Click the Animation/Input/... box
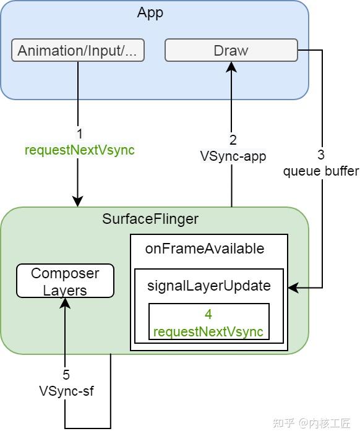(77, 51)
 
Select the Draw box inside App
(231, 51)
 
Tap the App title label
(150, 12)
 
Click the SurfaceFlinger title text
(150, 219)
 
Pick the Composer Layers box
(65, 281)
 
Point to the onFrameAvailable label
(204, 249)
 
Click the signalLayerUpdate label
(208, 286)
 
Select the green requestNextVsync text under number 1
(79, 150)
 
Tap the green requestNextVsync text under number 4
(208, 331)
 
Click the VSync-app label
(233, 156)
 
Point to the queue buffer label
(321, 171)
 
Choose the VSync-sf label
(66, 391)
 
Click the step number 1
(79, 134)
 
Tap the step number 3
(321, 155)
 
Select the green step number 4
(208, 315)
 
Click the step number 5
(66, 375)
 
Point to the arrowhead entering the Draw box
(231, 67)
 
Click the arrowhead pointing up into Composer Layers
(65, 303)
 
